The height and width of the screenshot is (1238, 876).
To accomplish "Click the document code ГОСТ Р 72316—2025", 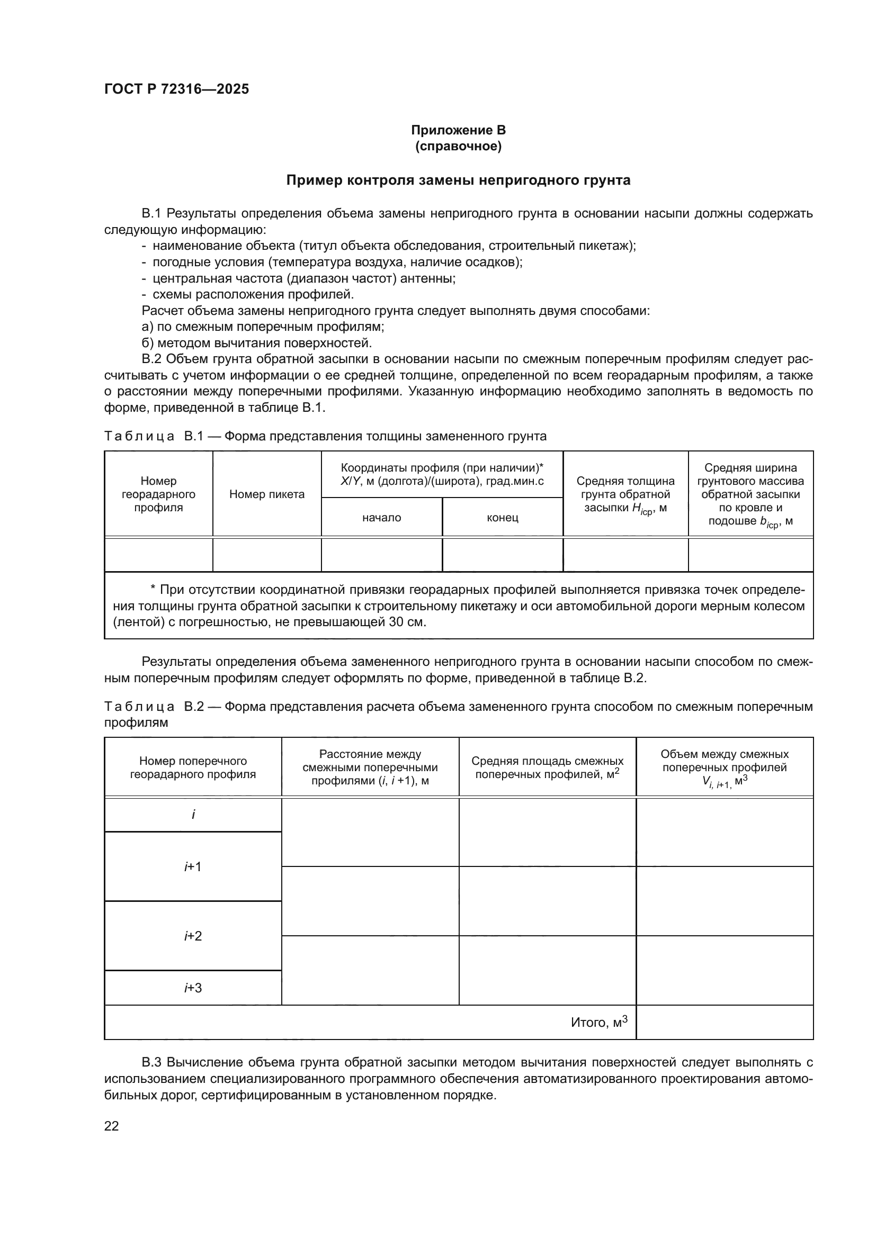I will coord(176,89).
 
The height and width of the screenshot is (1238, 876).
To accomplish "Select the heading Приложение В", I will coord(458,130).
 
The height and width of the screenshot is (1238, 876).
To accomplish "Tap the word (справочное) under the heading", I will coord(458,146).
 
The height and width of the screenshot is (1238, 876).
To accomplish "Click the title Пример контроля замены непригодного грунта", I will coord(458,180).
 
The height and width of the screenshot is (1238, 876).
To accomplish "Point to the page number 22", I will coord(111,1126).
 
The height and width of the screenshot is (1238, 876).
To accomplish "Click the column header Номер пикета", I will coord(267,494).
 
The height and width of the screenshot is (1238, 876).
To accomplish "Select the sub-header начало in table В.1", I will coord(381,518).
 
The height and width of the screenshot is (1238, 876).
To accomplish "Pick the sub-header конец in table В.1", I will coord(502,518).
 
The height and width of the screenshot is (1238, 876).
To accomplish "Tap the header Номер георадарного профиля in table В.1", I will coord(158,494).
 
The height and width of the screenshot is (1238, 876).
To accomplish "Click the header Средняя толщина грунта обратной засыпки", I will coord(625,494).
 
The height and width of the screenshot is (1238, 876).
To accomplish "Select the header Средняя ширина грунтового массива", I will coord(750,494).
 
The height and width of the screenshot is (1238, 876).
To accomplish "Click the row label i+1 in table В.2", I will coord(193,866).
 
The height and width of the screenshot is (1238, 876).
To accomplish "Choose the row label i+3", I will coord(193,988).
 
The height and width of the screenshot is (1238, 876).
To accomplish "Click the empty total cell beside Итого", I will coord(725,1023).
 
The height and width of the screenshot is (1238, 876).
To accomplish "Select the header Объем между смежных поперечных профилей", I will coord(725,768).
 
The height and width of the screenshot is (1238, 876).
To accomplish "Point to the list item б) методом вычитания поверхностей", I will coord(257,343).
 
